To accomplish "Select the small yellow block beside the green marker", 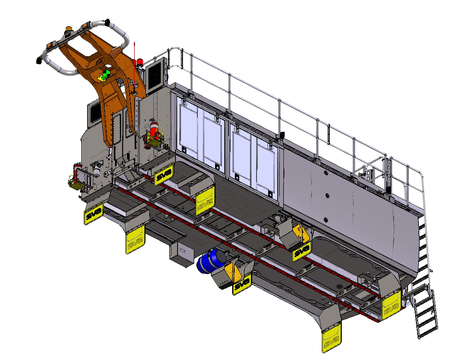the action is (x=101, y=78).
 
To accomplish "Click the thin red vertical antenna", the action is (x=134, y=67).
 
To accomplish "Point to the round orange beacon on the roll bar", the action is (x=69, y=29).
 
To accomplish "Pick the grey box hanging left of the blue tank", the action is (x=182, y=254).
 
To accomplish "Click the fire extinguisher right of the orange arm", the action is (x=154, y=130).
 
